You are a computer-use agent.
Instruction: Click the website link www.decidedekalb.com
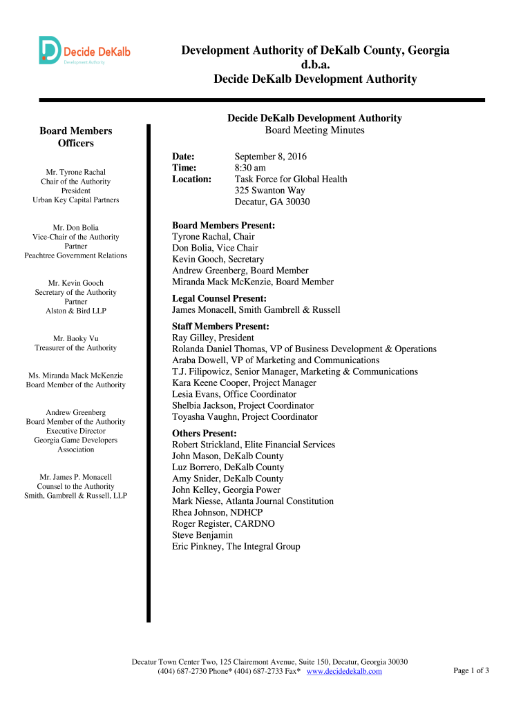[x=344, y=671]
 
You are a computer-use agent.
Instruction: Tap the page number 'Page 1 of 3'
[x=471, y=670]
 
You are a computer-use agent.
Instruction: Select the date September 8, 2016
[x=270, y=157]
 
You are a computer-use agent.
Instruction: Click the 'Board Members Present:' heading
[x=223, y=226]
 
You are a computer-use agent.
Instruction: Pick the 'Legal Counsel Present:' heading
[x=219, y=298]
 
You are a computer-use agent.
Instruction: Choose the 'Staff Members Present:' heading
[x=220, y=327]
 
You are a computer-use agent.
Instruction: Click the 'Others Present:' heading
[x=205, y=434]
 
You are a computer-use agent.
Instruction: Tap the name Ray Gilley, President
[x=213, y=338]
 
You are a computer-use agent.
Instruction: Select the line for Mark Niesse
[x=253, y=501]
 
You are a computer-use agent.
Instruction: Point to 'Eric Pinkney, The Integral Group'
[x=236, y=546]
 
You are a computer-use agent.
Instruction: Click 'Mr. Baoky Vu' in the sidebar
[x=76, y=338]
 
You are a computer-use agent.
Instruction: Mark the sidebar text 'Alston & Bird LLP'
[x=76, y=311]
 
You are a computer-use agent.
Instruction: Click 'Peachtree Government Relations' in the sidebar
[x=76, y=255]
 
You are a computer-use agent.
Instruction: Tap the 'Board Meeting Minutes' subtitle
[x=314, y=130]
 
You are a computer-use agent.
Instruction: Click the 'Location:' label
[x=191, y=180]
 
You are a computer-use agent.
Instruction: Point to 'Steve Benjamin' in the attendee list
[x=202, y=535]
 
